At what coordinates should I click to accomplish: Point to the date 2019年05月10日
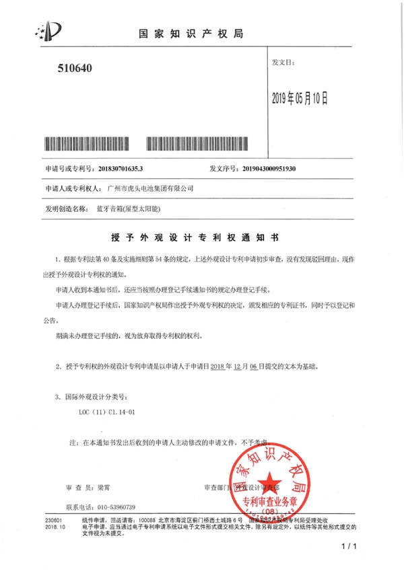click(x=299, y=100)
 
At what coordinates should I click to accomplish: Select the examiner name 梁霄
click(x=102, y=487)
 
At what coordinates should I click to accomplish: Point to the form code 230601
click(x=54, y=520)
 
